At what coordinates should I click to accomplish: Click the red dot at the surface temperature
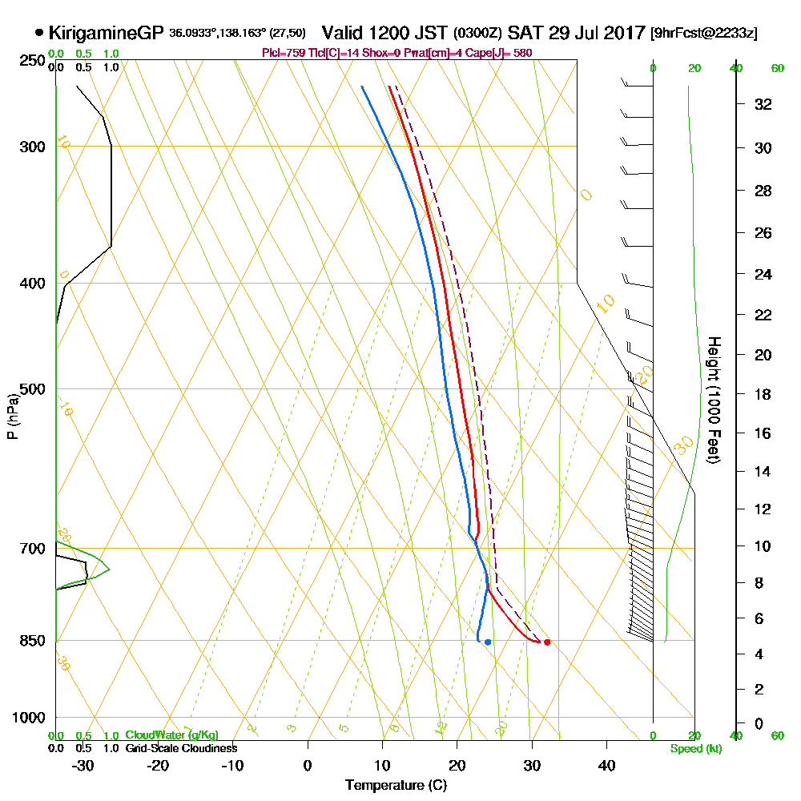tap(547, 642)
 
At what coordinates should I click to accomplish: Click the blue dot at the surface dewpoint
tap(488, 642)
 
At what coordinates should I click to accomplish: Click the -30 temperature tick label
tap(83, 766)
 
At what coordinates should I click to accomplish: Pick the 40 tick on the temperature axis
tap(606, 766)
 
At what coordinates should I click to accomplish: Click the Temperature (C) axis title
tap(396, 785)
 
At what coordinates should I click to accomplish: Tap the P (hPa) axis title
tap(12, 416)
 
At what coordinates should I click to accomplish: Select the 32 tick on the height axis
tap(764, 103)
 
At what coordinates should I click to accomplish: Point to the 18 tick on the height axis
tap(764, 394)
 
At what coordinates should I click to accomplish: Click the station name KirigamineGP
tap(107, 33)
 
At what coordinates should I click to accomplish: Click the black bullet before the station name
tap(39, 33)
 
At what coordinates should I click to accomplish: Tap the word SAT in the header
tap(525, 33)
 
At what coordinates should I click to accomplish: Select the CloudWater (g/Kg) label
tap(171, 735)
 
